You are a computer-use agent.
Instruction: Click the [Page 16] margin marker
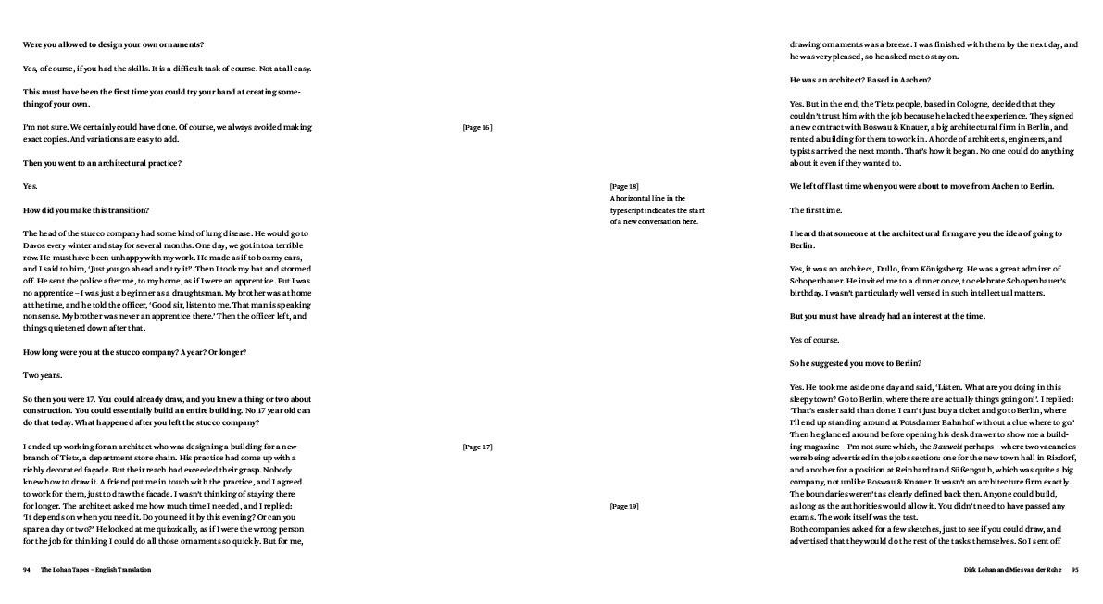click(x=477, y=127)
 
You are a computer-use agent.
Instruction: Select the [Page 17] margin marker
click(x=477, y=447)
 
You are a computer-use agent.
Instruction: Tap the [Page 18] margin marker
click(x=623, y=186)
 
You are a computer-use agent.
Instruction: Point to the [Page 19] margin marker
click(x=623, y=506)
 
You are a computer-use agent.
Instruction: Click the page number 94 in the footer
click(x=27, y=570)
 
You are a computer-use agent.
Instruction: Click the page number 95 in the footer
click(x=1074, y=570)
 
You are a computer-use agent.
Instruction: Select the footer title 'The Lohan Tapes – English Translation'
click(x=95, y=570)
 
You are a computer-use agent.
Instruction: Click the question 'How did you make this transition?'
click(x=85, y=210)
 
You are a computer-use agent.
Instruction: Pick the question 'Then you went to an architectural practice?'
click(x=102, y=163)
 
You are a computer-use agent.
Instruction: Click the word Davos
click(x=36, y=245)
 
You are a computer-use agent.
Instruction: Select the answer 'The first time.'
click(x=815, y=210)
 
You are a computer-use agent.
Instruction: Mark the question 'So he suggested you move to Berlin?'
click(x=855, y=363)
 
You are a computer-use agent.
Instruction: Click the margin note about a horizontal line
click(x=654, y=210)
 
